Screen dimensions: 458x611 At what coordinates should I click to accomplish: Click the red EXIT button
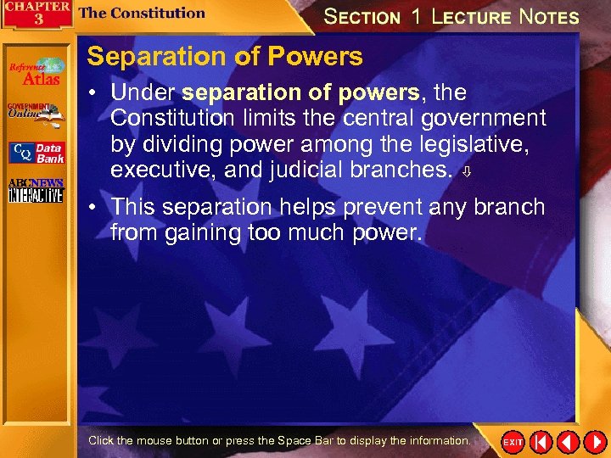(513, 442)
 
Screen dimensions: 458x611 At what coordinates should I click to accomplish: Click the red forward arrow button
(594, 442)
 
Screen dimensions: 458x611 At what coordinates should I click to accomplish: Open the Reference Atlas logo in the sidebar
(36, 71)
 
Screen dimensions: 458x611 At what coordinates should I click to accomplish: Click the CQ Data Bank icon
(36, 153)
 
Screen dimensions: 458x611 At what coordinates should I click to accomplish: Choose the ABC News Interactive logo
(35, 191)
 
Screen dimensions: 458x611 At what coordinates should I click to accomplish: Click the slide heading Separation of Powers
(225, 57)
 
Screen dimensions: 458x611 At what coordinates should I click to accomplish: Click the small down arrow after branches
(465, 172)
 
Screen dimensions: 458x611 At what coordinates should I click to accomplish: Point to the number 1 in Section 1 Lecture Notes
(416, 17)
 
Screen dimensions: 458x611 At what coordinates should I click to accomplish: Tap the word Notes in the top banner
(549, 17)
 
